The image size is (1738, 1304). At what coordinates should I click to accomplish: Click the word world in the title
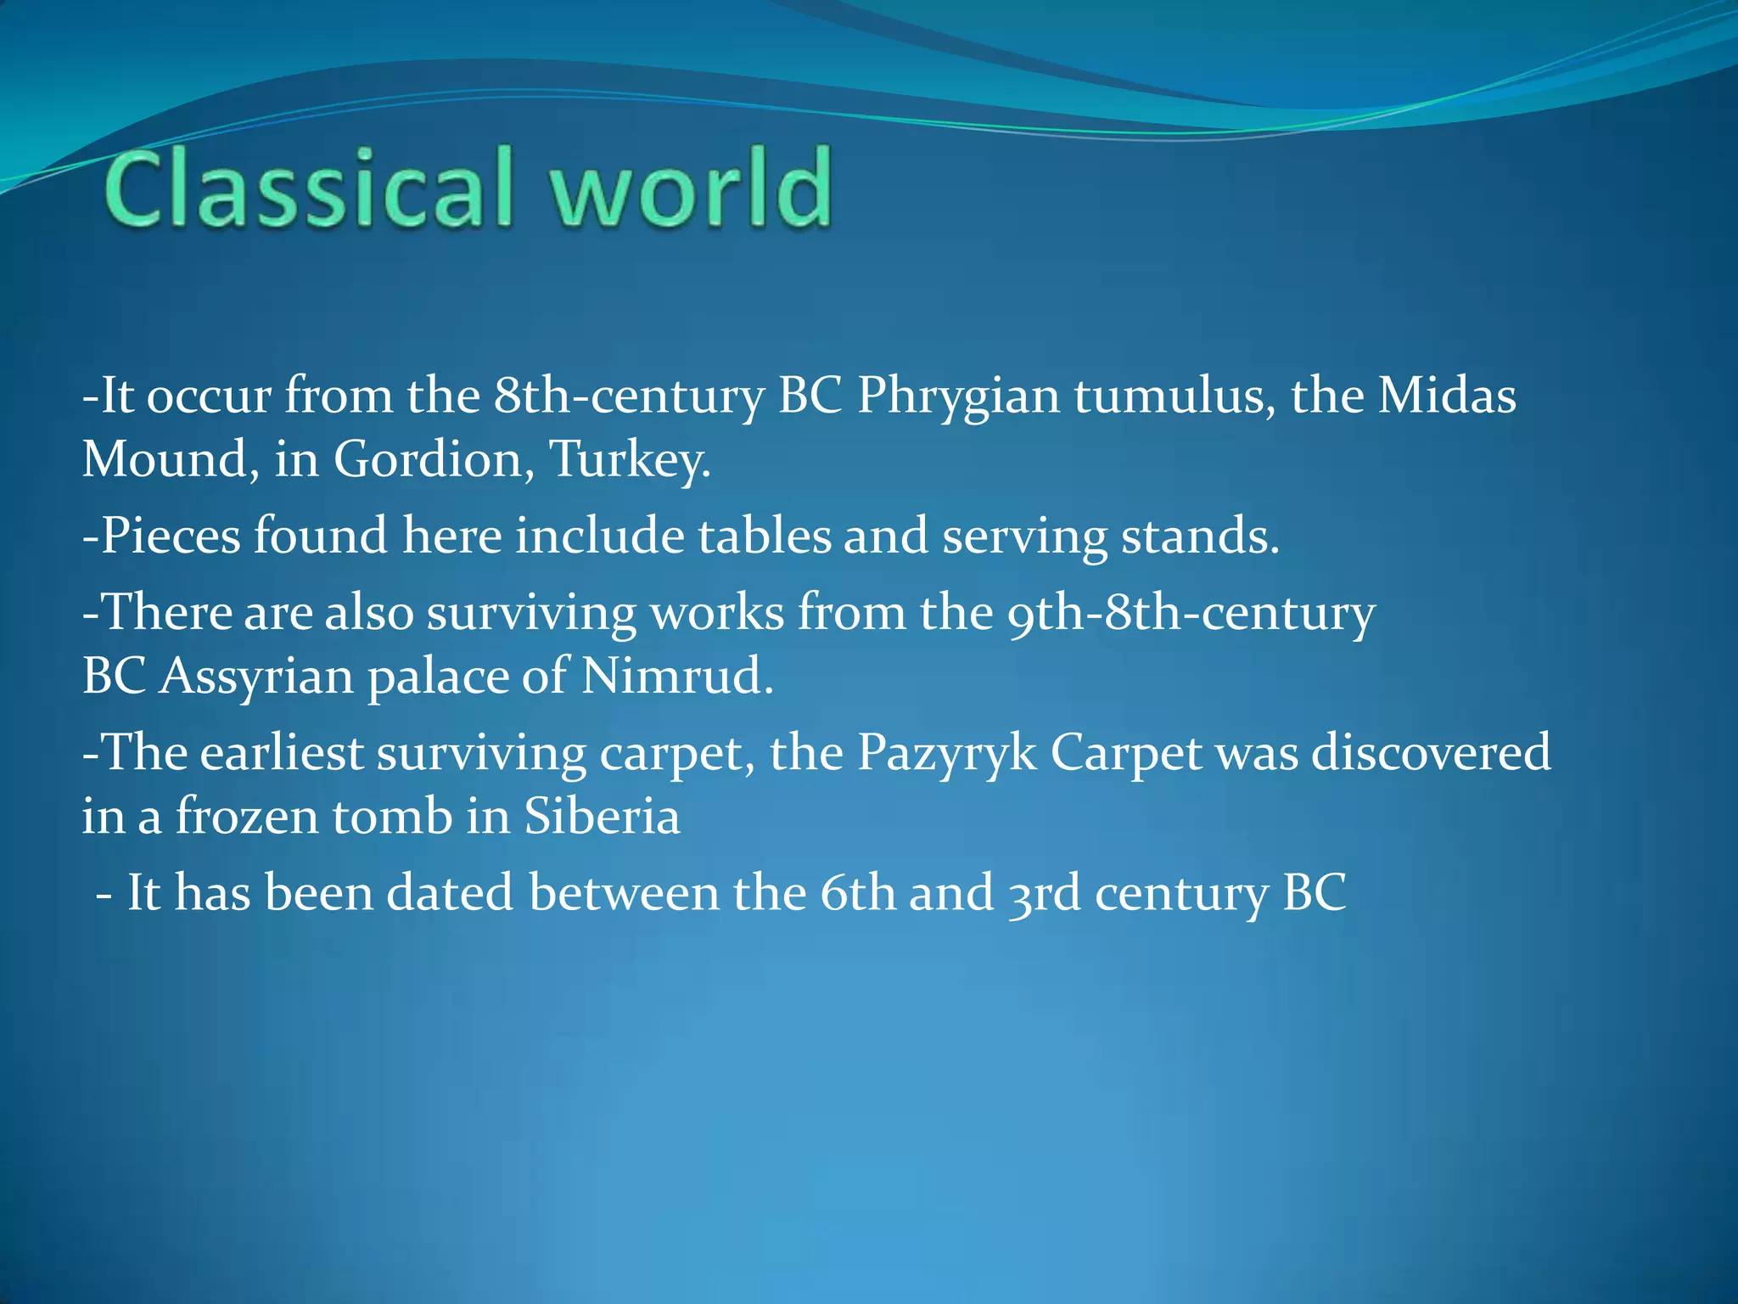692,188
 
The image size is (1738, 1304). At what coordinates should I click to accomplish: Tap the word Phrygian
958,397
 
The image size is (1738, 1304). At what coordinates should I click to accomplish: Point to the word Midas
1446,396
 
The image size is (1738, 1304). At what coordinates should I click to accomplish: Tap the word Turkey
629,460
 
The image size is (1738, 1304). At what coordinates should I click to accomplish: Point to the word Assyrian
256,677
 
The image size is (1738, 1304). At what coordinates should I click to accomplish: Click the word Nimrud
676,677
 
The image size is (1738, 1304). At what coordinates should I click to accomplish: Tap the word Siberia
602,817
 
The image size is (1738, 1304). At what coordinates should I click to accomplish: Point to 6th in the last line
857,893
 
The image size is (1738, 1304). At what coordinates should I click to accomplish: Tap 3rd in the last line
1044,893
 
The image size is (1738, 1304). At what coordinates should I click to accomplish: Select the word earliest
282,753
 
